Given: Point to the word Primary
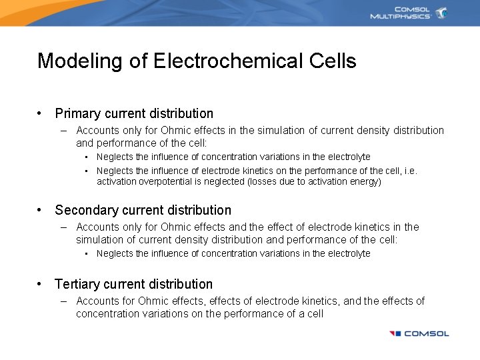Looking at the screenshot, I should click(x=77, y=114).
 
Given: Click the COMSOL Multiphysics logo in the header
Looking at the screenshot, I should click(x=408, y=13).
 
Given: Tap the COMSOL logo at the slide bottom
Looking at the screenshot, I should click(x=419, y=333).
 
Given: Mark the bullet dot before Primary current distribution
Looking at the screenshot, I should click(x=41, y=114).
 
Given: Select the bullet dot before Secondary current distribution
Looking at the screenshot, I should click(x=41, y=211).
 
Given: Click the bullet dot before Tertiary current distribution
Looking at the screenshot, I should click(x=41, y=285).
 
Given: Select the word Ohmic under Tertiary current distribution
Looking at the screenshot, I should click(x=153, y=301).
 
